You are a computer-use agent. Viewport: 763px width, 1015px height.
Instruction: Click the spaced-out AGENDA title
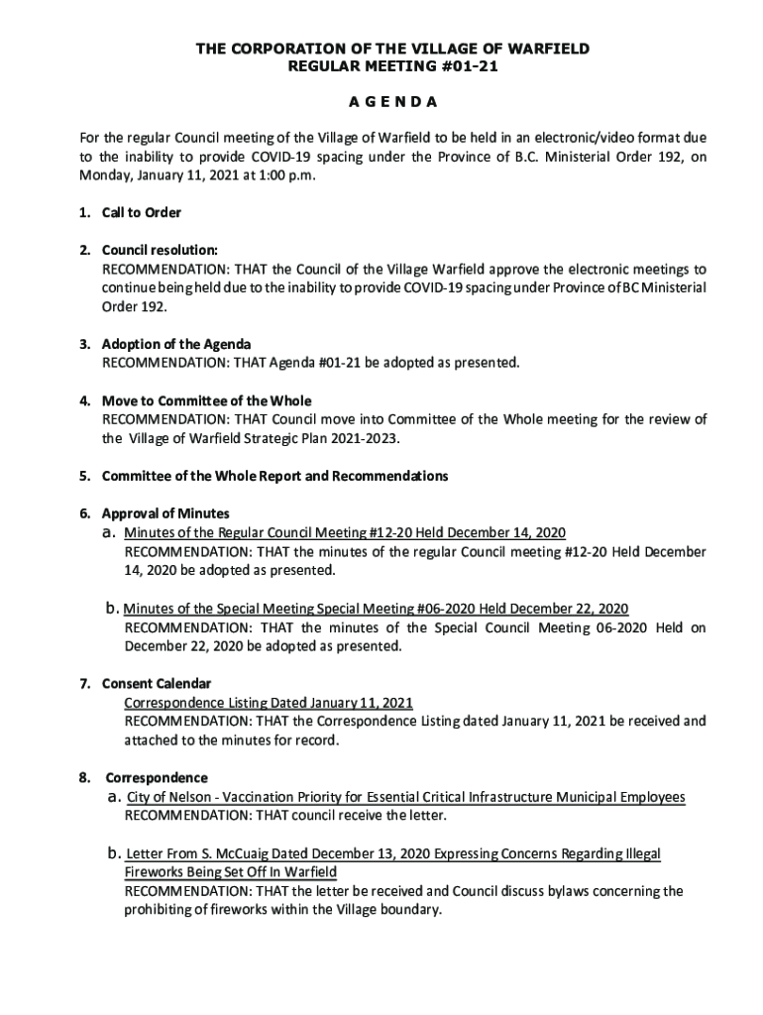click(x=381, y=103)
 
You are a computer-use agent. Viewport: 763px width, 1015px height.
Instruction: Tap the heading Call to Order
click(x=142, y=212)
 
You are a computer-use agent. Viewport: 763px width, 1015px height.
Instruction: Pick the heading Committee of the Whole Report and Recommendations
click(x=274, y=476)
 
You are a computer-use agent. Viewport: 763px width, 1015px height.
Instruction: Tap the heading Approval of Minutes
click(x=165, y=513)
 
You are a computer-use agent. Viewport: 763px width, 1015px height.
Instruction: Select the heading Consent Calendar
click(x=156, y=683)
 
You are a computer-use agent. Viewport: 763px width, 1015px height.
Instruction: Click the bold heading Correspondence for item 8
click(x=155, y=777)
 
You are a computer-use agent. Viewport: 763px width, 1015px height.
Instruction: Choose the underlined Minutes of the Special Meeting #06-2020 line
click(x=376, y=608)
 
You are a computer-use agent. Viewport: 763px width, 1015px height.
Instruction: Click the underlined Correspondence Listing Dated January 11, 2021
click(x=268, y=703)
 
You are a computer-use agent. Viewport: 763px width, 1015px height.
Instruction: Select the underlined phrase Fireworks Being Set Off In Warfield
click(x=230, y=872)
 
